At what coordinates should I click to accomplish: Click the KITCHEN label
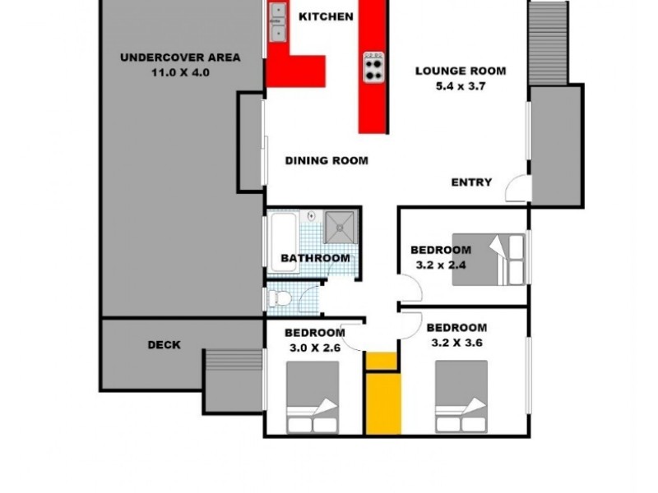[x=326, y=16]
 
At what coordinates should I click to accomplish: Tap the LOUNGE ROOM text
[x=460, y=71]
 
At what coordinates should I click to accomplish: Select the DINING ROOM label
[x=327, y=160]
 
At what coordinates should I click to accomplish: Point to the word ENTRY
[x=471, y=182]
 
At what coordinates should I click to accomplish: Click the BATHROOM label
[x=315, y=258]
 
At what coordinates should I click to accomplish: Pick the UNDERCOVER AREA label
[x=180, y=58]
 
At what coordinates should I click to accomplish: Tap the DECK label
[x=164, y=345]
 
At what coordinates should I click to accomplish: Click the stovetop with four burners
[x=373, y=66]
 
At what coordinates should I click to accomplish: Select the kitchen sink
[x=277, y=23]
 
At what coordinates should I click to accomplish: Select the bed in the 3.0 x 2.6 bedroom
[x=313, y=399]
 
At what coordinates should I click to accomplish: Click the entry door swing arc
[x=516, y=189]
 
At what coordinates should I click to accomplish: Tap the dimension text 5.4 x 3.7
[x=460, y=85]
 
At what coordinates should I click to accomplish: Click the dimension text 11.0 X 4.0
[x=180, y=71]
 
